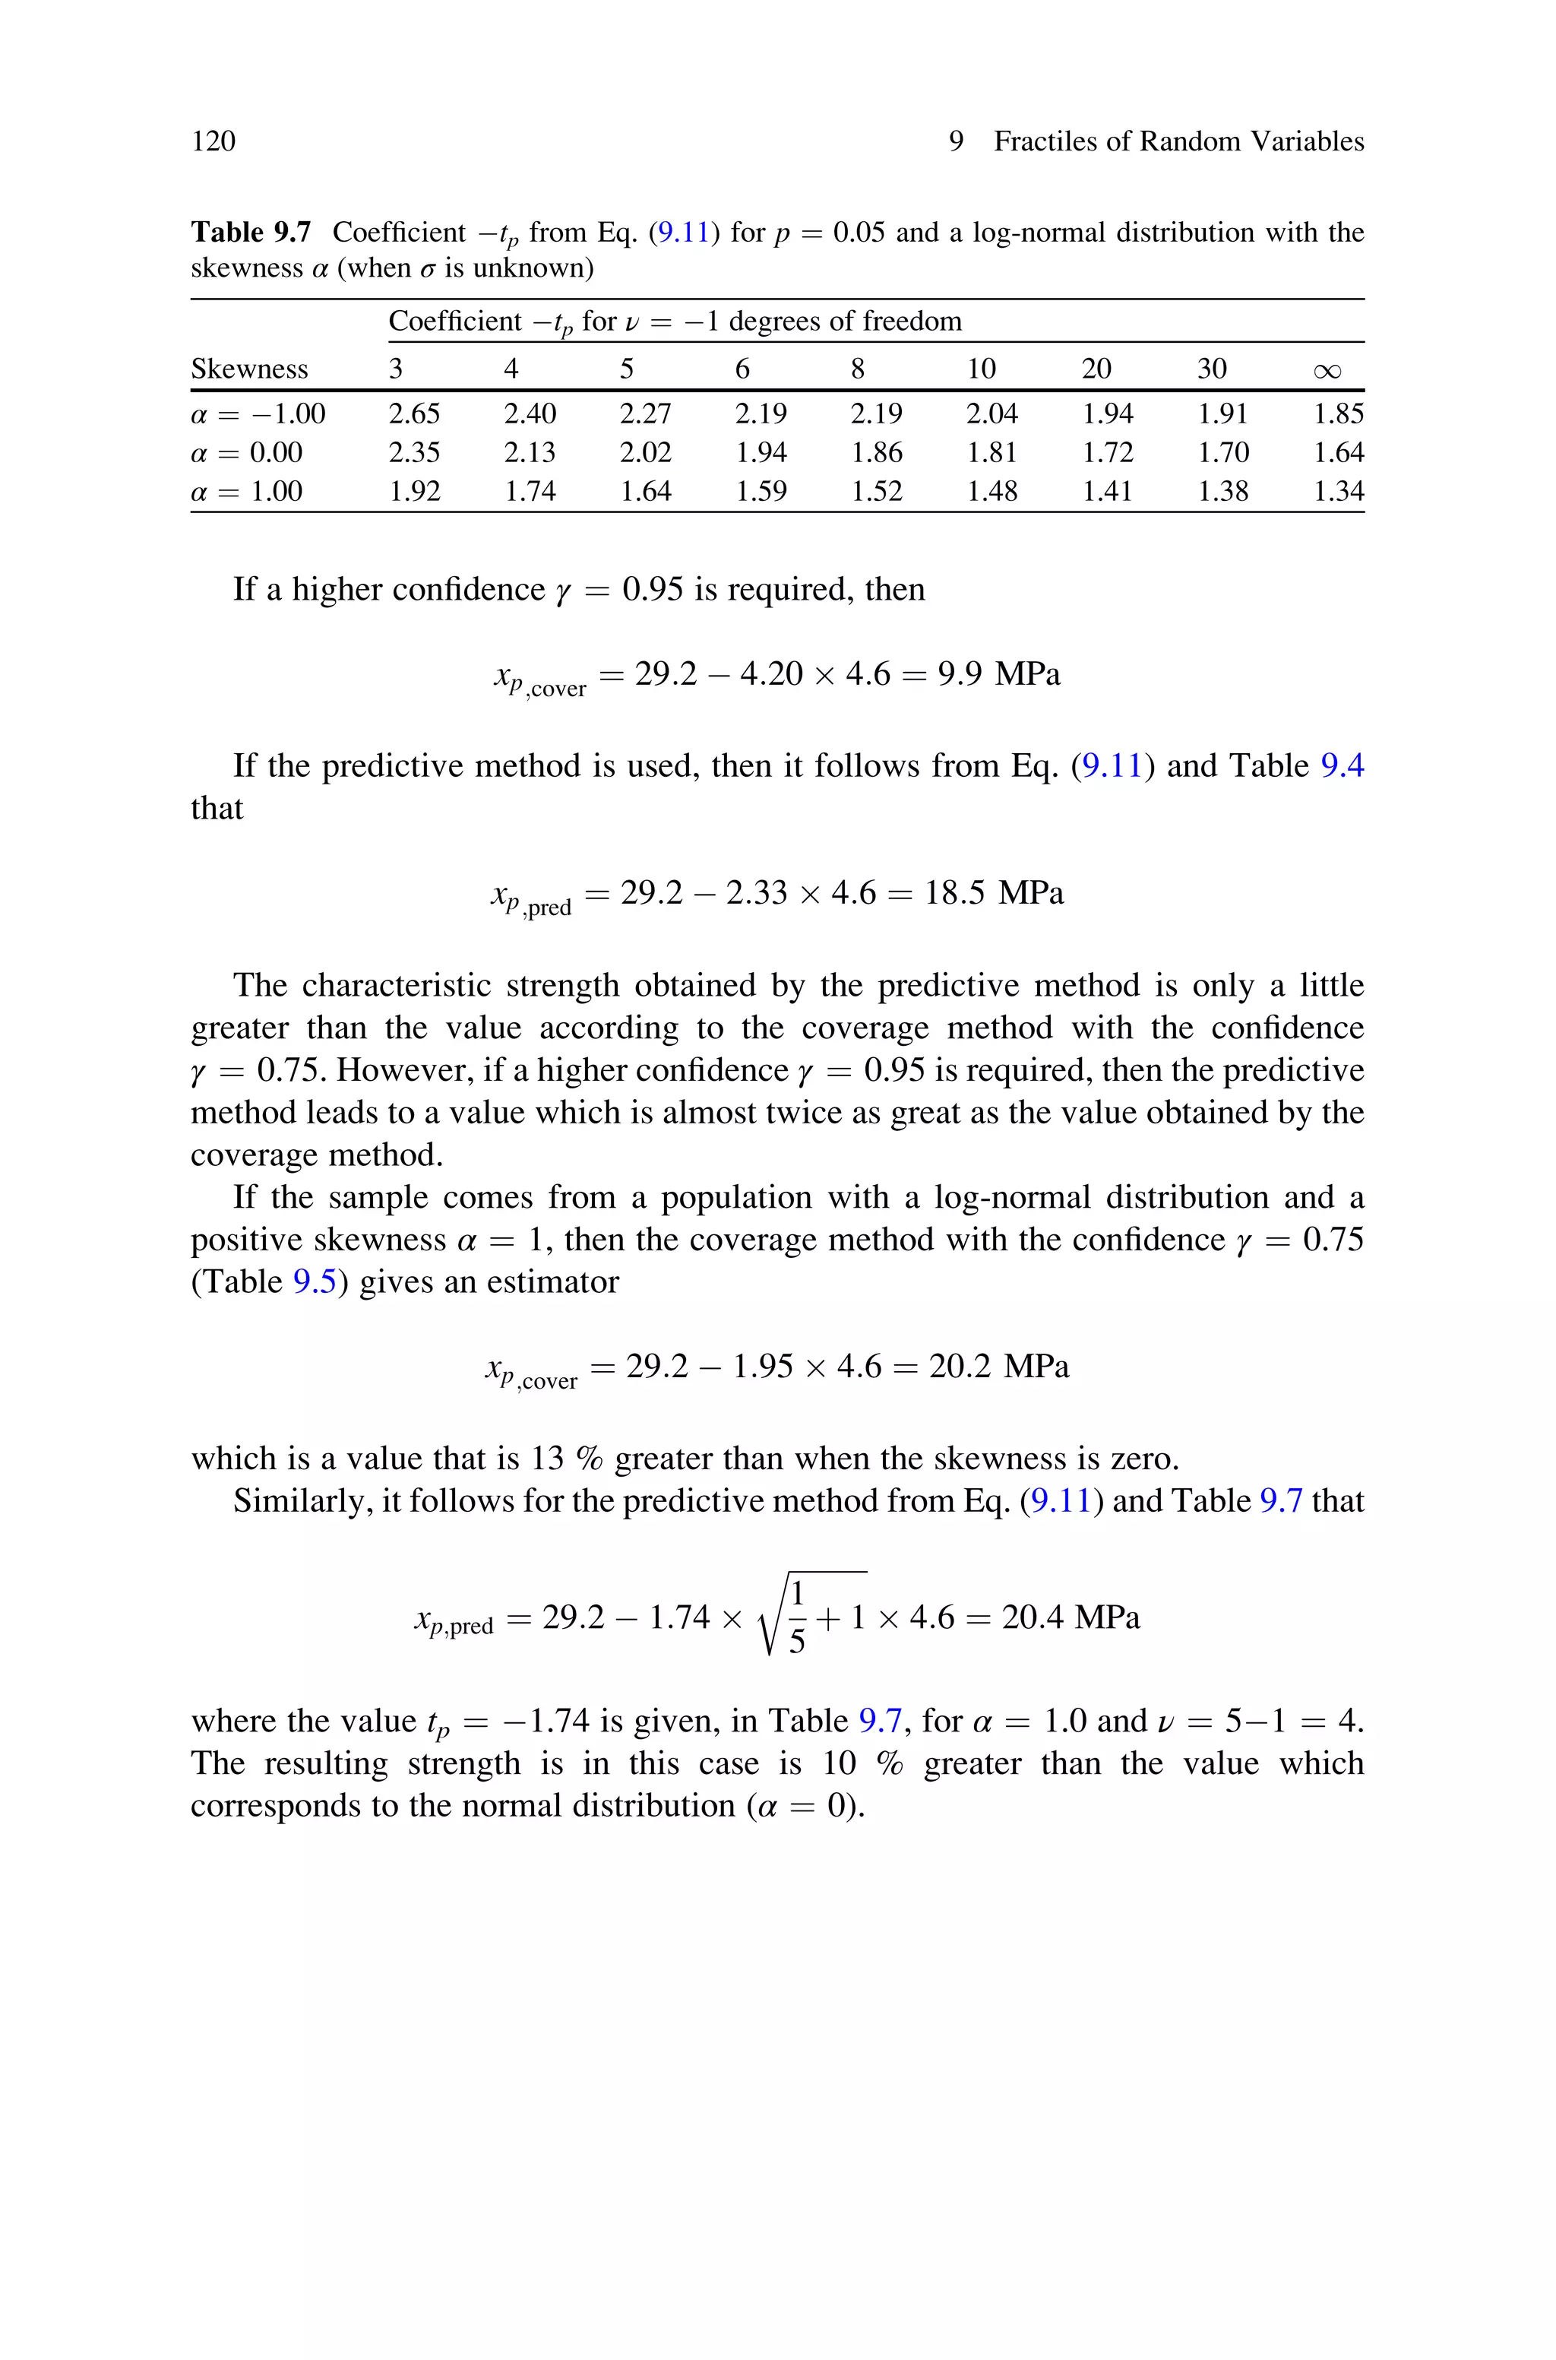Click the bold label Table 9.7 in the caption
pos(250,233)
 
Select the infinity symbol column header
pos(1327,370)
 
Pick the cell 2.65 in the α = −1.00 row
pos(414,413)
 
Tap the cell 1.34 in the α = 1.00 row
pos(1338,491)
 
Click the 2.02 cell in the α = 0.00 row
pos(645,452)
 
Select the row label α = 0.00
pos(246,452)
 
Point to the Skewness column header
pos(249,369)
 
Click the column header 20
pos(1096,369)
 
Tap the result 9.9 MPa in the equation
pos(998,675)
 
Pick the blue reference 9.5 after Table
pos(315,1282)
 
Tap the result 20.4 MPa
pos(1070,1617)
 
